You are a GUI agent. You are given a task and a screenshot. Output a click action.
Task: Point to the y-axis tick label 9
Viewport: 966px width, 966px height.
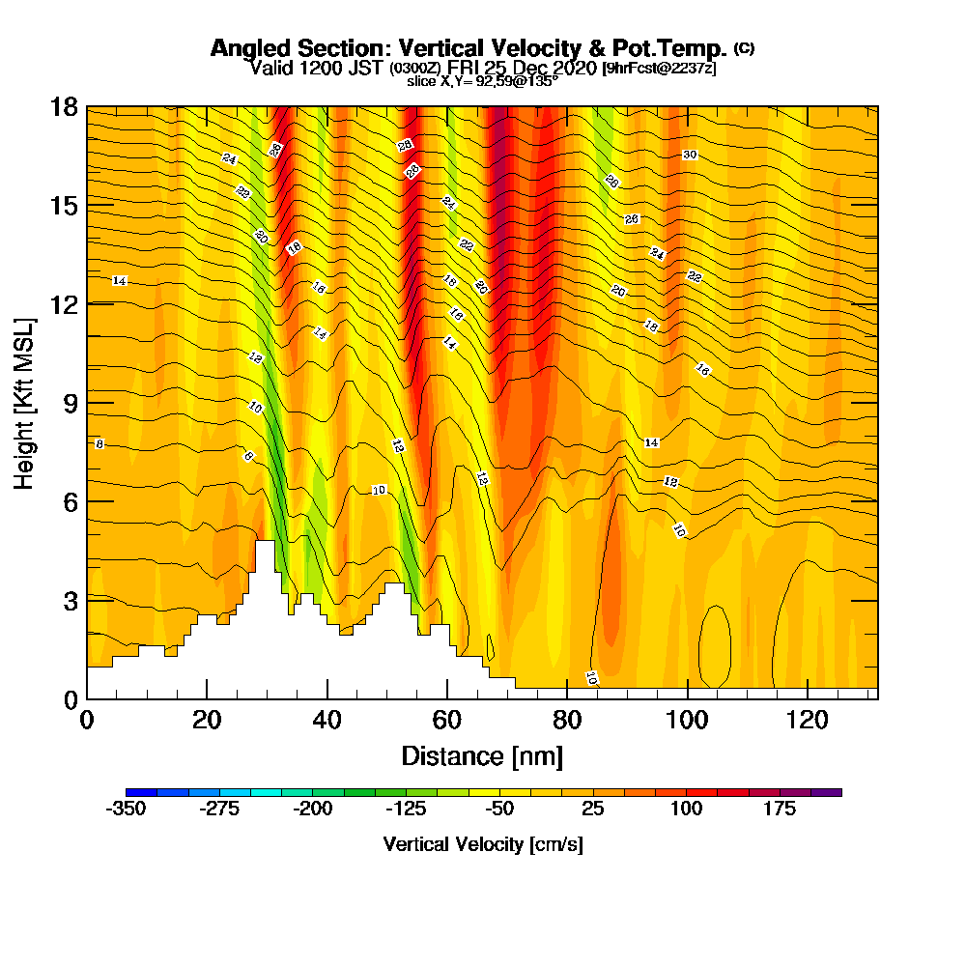(x=69, y=403)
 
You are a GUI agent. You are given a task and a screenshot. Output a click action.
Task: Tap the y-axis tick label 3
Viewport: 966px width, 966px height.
(x=69, y=600)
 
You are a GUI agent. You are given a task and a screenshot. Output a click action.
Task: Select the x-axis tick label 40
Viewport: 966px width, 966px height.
(x=327, y=720)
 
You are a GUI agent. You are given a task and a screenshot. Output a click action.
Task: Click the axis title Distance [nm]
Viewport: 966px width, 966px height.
(x=482, y=755)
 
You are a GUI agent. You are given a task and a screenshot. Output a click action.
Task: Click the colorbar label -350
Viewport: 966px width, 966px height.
(x=126, y=809)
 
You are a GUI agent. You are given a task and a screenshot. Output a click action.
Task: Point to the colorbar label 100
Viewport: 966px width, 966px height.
(x=688, y=809)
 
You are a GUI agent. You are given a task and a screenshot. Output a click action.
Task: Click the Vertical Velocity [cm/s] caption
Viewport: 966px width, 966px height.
(x=483, y=844)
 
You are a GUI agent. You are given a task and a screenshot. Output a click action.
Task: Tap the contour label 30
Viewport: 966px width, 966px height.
(x=690, y=155)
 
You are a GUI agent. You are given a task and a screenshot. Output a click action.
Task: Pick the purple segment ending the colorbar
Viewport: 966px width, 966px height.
(x=832, y=792)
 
